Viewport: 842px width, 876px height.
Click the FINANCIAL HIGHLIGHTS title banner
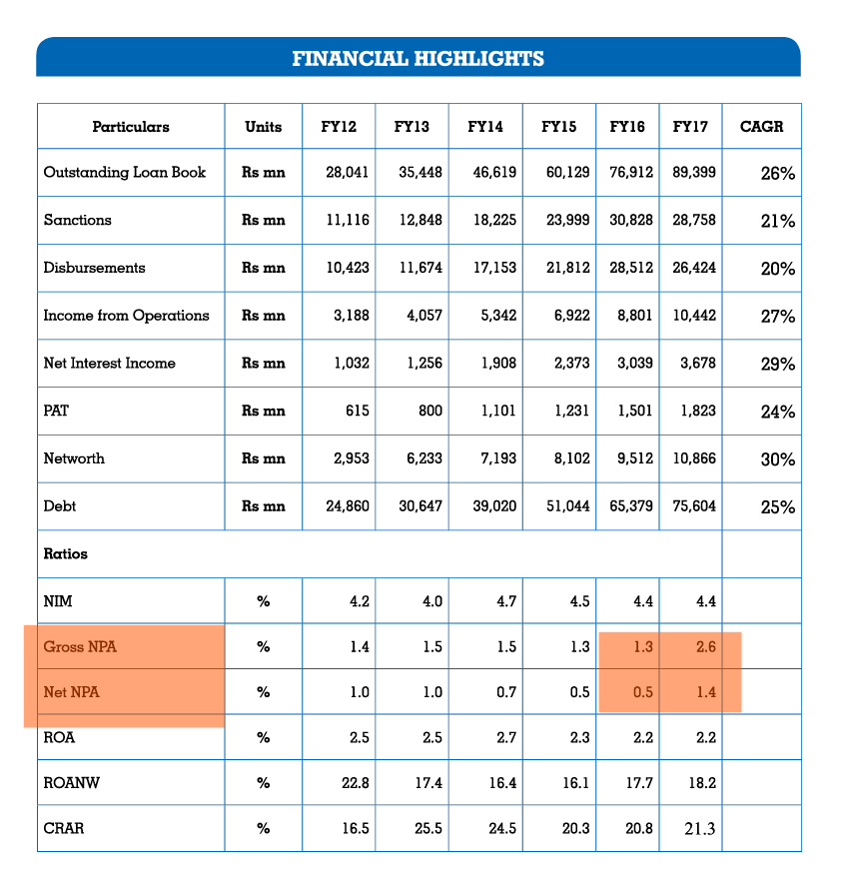418,58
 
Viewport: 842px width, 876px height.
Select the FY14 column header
484,127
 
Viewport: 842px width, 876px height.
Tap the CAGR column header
761,127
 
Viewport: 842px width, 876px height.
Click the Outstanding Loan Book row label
124,172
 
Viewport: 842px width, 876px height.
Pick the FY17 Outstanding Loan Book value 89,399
694,172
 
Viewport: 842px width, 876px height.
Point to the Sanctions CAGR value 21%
777,221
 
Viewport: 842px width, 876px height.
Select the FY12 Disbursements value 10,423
348,268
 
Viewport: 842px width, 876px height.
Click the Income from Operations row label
126,316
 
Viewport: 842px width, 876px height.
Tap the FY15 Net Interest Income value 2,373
568,364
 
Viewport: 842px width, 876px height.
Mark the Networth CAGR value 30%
777,459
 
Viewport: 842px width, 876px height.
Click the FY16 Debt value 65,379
631,506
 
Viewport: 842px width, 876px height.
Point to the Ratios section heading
65,554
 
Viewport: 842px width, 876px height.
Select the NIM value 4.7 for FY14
506,601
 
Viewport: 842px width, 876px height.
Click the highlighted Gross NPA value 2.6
705,646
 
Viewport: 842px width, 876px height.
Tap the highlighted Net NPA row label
72,691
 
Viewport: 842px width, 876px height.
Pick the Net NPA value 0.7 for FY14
506,691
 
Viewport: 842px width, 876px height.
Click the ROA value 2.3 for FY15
579,737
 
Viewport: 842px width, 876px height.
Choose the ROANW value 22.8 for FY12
356,783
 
